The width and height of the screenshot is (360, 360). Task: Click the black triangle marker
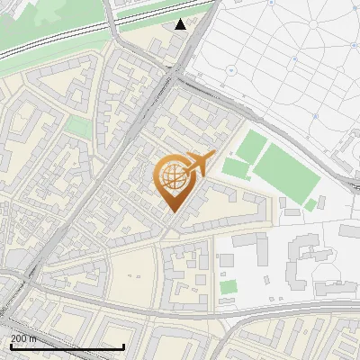[x=181, y=24]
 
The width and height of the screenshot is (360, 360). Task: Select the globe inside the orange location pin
[x=172, y=176]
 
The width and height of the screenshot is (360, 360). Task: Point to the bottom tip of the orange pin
[x=171, y=211]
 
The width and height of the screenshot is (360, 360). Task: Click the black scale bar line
[x=67, y=347]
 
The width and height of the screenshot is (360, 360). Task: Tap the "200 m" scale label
[x=24, y=338]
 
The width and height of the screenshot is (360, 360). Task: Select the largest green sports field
[x=285, y=172]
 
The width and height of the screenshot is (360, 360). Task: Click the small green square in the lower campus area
[x=229, y=287]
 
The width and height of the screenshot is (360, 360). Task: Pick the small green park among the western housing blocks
[x=79, y=128]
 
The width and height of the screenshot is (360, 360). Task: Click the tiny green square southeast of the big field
[x=310, y=205]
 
